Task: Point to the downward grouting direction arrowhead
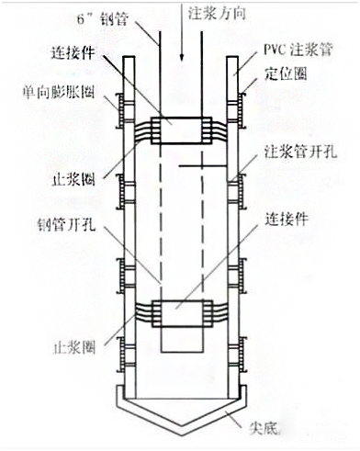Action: pos(185,52)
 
